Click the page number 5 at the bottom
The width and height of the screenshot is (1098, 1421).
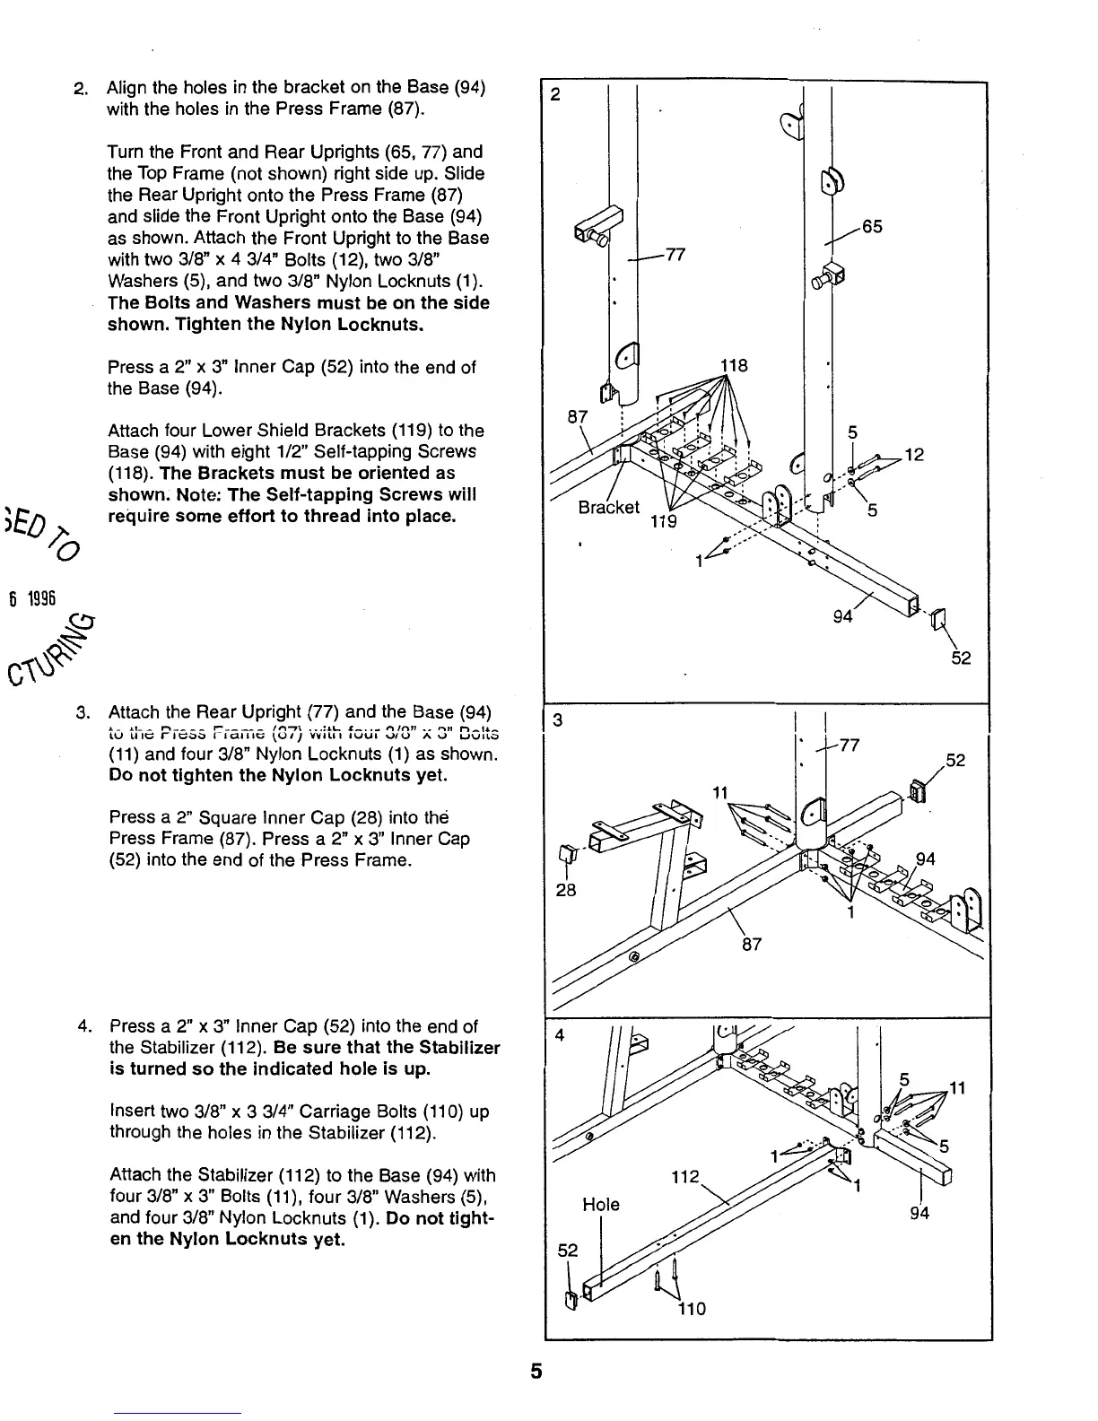coord(536,1372)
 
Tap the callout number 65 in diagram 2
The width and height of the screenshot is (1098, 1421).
coord(872,227)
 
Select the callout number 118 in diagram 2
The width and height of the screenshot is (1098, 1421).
coord(734,366)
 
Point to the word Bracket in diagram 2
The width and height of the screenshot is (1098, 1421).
coord(609,507)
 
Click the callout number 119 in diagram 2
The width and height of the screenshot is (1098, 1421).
coord(663,522)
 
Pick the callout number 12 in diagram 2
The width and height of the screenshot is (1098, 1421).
coord(914,456)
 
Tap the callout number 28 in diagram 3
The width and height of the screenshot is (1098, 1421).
coord(565,890)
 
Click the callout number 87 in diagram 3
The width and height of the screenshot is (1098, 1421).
coord(752,944)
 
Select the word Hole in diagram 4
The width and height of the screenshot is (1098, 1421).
coord(600,1204)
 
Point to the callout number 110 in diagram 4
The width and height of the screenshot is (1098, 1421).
coord(691,1309)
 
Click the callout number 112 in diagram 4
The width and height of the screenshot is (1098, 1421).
coord(685,1176)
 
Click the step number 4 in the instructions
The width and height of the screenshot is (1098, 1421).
coord(83,1025)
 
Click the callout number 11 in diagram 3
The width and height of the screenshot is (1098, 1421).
coord(720,793)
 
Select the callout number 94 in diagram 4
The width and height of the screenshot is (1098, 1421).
coord(919,1214)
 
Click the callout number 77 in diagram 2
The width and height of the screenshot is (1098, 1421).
coord(675,255)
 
